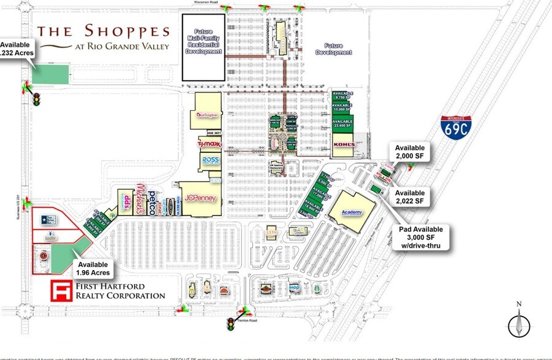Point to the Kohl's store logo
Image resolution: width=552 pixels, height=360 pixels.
point(344,144)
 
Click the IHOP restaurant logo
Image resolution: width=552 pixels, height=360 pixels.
point(294,287)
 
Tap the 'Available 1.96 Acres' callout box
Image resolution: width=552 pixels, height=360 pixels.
point(94,268)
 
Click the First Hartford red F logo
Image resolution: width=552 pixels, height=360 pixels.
point(61,291)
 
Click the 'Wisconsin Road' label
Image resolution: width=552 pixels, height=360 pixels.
point(206,2)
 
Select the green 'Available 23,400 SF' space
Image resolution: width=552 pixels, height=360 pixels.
point(343,124)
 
